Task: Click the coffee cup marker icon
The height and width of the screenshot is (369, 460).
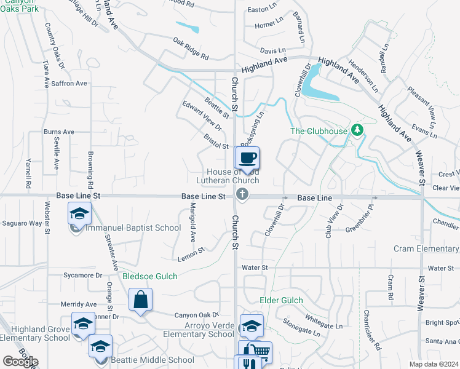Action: pyautogui.click(x=247, y=158)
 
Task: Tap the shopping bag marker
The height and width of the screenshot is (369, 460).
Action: pyautogui.click(x=141, y=300)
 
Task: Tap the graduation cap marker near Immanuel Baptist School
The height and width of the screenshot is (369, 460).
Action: pyautogui.click(x=79, y=214)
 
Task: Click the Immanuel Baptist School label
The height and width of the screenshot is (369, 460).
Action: pyautogui.click(x=133, y=228)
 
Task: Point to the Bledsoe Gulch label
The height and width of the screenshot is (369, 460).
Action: pyautogui.click(x=150, y=277)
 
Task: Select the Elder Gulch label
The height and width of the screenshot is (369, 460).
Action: pyautogui.click(x=282, y=300)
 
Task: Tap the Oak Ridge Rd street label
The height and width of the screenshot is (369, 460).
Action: pyautogui.click(x=191, y=49)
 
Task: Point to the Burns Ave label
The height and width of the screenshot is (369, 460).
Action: pyautogui.click(x=58, y=132)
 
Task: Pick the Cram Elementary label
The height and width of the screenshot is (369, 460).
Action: pyautogui.click(x=426, y=248)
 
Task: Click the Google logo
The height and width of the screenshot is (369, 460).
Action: pyautogui.click(x=20, y=362)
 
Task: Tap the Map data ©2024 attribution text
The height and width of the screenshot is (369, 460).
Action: pyautogui.click(x=434, y=364)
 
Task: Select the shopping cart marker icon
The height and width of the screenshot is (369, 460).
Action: pyautogui.click(x=261, y=352)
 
